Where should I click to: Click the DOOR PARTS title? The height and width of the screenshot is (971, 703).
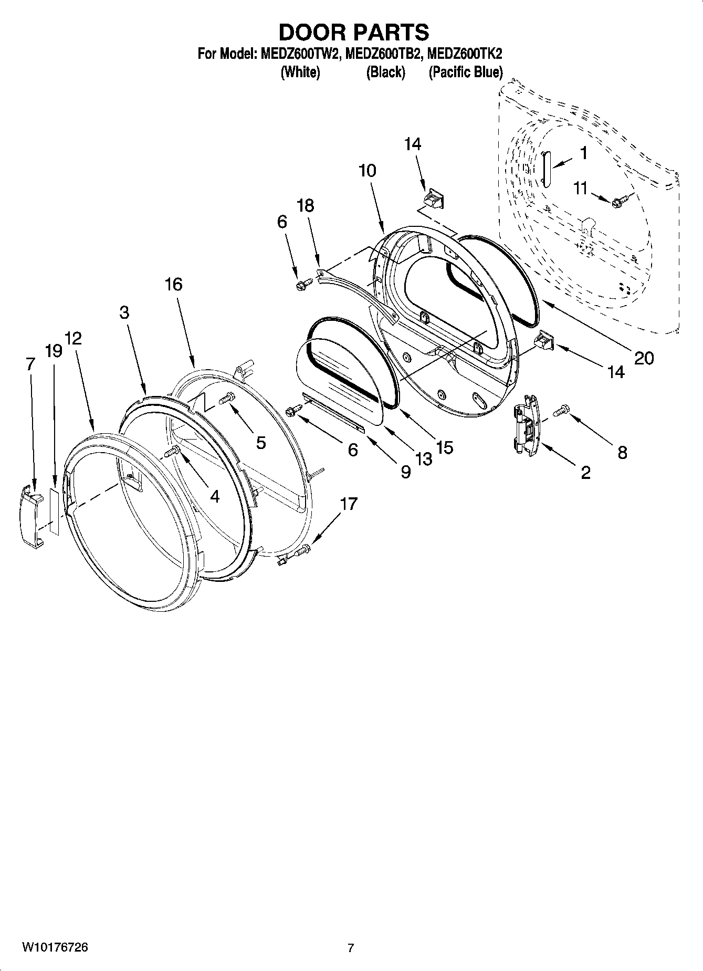tap(353, 33)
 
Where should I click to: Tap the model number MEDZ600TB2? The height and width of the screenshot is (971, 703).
tap(383, 54)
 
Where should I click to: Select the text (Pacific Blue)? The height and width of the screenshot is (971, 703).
tap(466, 72)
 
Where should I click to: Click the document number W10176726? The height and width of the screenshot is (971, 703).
tap(55, 947)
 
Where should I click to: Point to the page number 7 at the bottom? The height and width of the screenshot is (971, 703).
tap(351, 948)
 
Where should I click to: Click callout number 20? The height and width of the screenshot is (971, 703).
tap(644, 358)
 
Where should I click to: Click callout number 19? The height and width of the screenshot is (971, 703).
tap(54, 351)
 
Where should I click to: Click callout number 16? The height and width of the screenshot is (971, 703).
tap(173, 284)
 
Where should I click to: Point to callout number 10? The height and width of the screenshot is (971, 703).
tap(368, 171)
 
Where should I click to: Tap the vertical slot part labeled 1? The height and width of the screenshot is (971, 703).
tap(544, 168)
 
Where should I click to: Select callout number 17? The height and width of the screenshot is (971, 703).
tap(349, 504)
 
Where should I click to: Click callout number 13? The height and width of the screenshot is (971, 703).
tap(423, 458)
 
